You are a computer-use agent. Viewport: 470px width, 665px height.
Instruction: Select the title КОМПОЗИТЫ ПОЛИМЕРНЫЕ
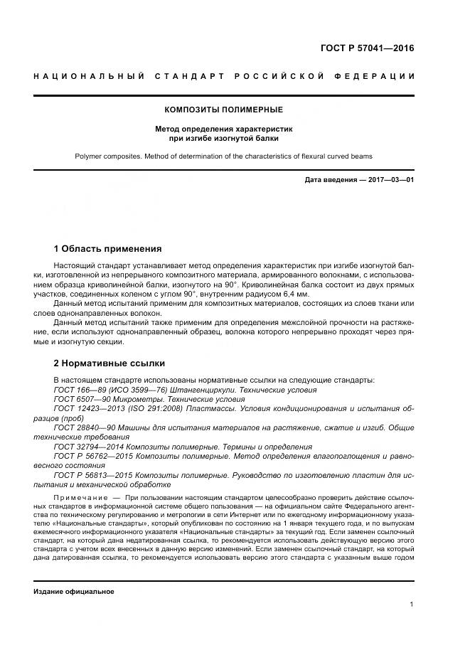tap(224, 110)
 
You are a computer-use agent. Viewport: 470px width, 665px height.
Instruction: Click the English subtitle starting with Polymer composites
tap(224, 155)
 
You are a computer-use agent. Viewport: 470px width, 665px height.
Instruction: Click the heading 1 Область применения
tap(107, 249)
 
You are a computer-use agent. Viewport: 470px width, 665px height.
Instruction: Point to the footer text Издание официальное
tap(74, 592)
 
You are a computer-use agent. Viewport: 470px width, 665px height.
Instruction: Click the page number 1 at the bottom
tap(412, 605)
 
